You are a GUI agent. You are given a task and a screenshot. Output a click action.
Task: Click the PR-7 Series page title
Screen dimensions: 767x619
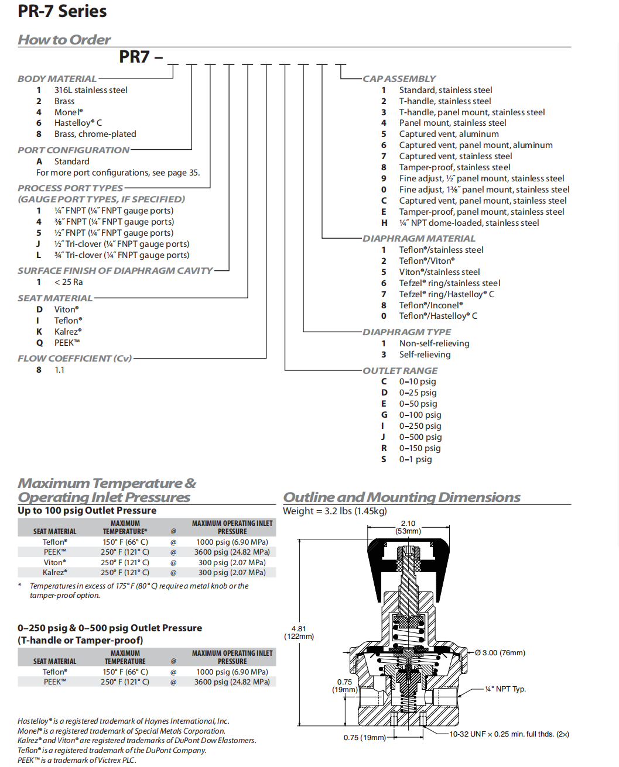(62, 11)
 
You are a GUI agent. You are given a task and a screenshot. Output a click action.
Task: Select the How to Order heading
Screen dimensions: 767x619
(64, 40)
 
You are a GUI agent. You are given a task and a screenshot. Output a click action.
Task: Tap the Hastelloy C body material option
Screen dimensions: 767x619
(78, 123)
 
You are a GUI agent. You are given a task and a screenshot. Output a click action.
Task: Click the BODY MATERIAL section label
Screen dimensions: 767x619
(57, 78)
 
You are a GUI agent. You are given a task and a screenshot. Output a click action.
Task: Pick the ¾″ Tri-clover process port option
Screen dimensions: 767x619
(122, 255)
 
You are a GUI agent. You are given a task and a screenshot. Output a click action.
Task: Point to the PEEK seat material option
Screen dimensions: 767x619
(67, 343)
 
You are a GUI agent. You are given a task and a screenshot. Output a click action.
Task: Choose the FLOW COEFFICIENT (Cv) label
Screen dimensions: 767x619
(74, 358)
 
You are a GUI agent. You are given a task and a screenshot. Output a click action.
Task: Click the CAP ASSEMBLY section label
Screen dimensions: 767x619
(399, 78)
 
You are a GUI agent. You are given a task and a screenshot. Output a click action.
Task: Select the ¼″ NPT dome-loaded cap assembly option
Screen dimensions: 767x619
(468, 223)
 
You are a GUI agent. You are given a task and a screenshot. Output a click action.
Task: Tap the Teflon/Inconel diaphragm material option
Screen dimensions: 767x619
(430, 305)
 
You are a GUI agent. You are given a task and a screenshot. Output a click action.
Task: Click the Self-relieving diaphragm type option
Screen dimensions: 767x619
(425, 355)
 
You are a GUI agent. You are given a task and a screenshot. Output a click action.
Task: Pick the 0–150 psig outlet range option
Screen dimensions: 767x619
(420, 448)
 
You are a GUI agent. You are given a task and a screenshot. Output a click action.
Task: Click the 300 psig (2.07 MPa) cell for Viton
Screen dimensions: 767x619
(232, 562)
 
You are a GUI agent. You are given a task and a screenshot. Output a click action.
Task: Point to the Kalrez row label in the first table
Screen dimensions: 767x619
(54, 572)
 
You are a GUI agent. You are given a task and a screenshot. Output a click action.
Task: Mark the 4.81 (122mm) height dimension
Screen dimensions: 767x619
(299, 632)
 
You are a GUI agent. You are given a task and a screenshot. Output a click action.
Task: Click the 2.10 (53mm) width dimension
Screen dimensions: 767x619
(408, 527)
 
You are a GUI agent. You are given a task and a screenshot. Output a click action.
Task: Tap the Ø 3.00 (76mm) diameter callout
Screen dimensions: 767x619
(500, 652)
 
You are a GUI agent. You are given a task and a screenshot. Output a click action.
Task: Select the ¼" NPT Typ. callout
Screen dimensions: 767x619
(505, 689)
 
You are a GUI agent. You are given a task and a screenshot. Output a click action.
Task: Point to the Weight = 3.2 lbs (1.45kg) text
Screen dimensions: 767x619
(335, 511)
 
